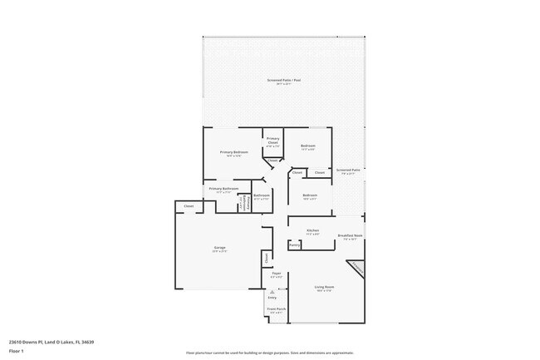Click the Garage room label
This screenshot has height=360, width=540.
pos(220,248)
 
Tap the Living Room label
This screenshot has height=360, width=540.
pos(323,288)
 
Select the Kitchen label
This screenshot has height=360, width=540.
pos(313,230)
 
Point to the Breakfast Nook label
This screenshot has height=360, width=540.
pos(350,236)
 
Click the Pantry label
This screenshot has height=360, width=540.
pos(294,245)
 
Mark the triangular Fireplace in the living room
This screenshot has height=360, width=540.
pos(356,269)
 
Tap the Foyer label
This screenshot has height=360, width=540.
pos(276,274)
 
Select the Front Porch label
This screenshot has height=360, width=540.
pos(276,308)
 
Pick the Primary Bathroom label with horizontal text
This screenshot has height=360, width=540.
pos(223,189)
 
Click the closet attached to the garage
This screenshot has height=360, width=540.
pos(189,205)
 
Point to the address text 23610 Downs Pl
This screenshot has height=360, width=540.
pos(51,341)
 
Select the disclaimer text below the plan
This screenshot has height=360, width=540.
pos(270,353)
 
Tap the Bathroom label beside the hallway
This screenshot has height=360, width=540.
pos(261,196)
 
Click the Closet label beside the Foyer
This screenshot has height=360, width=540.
pos(267,259)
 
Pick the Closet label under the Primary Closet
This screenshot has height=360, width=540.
pos(272,160)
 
